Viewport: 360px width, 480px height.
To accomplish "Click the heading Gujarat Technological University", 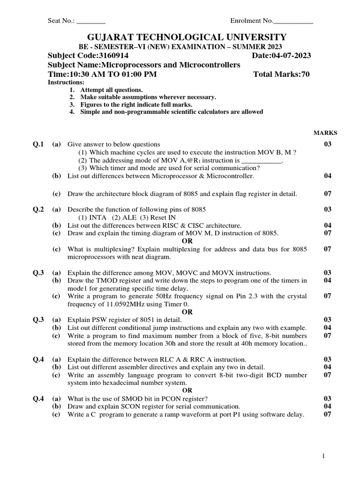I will [x=180, y=37].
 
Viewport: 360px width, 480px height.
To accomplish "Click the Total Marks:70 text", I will [x=281, y=74].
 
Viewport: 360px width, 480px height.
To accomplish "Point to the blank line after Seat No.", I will [x=91, y=21].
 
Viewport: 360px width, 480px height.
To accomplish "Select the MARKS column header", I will [x=325, y=133].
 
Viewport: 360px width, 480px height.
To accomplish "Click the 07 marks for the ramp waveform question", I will [x=327, y=414].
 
